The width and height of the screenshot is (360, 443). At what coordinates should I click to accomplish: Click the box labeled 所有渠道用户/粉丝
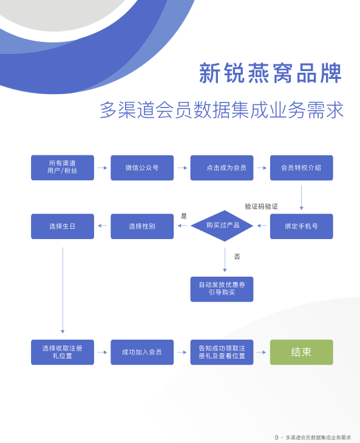point(63,167)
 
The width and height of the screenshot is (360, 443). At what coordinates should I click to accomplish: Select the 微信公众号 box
point(142,167)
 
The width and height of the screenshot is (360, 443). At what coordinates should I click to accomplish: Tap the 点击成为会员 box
point(222,167)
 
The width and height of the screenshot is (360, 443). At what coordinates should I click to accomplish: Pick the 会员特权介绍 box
point(302,167)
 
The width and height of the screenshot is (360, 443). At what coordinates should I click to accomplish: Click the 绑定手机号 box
point(302,226)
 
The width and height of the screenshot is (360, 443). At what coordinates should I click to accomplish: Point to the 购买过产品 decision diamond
point(222,226)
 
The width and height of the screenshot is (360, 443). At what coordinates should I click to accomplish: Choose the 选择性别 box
point(142,226)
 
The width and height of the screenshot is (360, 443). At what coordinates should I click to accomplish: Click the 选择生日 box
point(63,226)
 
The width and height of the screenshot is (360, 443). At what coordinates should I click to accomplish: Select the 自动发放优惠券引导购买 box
point(222,289)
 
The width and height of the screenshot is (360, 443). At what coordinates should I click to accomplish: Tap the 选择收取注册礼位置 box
point(63,352)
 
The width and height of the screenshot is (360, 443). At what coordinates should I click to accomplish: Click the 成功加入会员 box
point(142,352)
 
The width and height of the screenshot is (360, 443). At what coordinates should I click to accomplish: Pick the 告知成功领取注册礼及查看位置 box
point(222,352)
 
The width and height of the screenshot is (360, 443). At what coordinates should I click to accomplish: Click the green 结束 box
point(302,352)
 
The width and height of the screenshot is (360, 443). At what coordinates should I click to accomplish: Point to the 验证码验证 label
point(262,206)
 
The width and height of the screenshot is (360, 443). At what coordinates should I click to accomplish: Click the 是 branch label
point(184,216)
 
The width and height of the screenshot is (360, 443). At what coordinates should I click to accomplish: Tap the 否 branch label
point(237,257)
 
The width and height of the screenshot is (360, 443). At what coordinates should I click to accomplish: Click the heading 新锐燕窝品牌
point(270,73)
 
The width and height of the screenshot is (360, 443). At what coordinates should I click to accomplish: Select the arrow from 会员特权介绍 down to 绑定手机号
point(302,197)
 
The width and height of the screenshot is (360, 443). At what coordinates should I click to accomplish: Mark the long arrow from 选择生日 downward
point(63,290)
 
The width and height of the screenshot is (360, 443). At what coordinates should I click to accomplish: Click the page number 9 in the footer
point(276,438)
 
